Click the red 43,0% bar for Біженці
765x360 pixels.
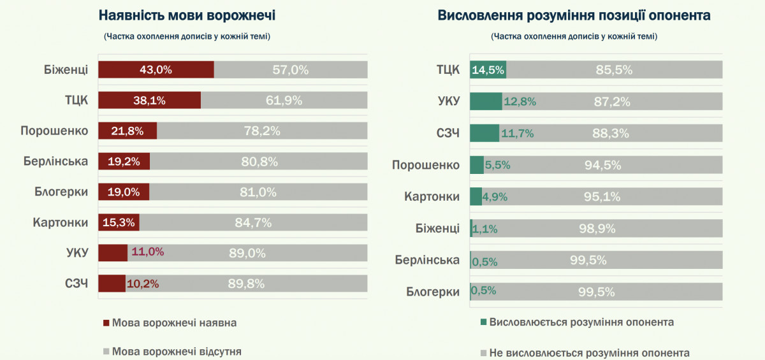156,69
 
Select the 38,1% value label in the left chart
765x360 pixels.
149,100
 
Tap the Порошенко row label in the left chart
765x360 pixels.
54,131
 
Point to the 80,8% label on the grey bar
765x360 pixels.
259,161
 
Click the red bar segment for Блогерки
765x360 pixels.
124,192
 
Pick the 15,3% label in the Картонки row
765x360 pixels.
119,222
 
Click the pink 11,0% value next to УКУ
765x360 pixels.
147,252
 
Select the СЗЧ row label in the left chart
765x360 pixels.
76,284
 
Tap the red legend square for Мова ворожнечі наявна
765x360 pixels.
106,323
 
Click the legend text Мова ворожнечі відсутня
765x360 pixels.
177,352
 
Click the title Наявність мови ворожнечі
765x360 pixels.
187,15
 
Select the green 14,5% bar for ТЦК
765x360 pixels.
488,69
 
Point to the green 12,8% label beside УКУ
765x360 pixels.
520,101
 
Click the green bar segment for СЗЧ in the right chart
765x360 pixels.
484,133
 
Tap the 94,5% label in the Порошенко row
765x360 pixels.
602,165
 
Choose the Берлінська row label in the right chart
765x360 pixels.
427,260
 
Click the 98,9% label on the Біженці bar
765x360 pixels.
597,228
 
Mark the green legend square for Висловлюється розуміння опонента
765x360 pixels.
483,322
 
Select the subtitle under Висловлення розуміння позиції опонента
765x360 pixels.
574,36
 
